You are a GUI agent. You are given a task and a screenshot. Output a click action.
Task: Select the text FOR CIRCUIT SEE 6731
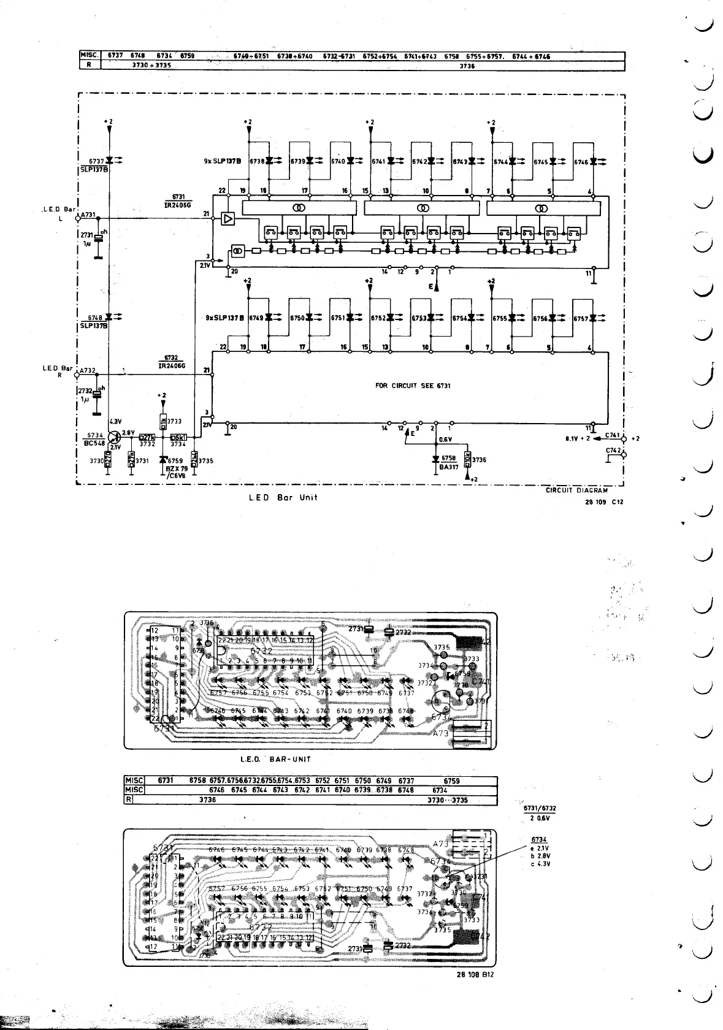[x=413, y=386]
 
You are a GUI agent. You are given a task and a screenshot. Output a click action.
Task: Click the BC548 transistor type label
[x=94, y=443]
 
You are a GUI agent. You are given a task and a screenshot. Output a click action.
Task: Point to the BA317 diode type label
[x=448, y=467]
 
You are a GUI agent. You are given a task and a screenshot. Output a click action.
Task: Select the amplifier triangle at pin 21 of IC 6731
[x=228, y=218]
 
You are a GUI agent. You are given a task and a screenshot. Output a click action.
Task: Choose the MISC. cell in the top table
[x=90, y=56]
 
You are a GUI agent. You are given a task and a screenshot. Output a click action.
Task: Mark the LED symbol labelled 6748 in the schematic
[x=109, y=317]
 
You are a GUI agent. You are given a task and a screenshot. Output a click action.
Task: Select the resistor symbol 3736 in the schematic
[x=467, y=459]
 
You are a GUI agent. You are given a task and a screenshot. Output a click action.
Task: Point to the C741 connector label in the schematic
[x=613, y=435]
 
